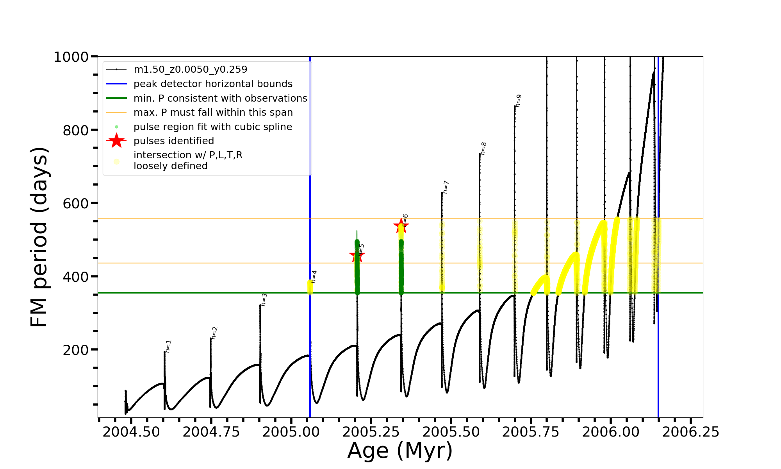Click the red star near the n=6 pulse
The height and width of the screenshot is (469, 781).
401,226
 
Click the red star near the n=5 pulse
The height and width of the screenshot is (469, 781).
357,256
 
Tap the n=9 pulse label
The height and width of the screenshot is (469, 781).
519,100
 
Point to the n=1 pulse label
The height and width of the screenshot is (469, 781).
168,346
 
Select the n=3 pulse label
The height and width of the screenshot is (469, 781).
264,300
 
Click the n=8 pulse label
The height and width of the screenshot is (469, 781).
483,149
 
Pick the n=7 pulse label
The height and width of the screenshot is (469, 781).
446,187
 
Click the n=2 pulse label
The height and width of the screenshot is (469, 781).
214,333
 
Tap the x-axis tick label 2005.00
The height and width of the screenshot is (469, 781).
291,432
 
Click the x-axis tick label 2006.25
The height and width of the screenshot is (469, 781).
690,432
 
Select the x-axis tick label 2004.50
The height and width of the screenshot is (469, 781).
131,432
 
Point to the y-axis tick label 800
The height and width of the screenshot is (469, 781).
76,130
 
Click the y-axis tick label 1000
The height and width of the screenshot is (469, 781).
71,57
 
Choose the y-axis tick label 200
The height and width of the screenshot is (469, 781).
76,350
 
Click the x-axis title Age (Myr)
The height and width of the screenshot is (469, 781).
400,451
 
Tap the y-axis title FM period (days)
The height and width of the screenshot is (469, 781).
39,237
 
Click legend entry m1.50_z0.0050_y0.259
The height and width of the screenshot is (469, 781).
190,70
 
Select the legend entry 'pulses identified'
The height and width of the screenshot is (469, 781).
174,141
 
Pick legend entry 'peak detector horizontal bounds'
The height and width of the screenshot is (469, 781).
213,84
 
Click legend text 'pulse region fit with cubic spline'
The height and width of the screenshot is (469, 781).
213,127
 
